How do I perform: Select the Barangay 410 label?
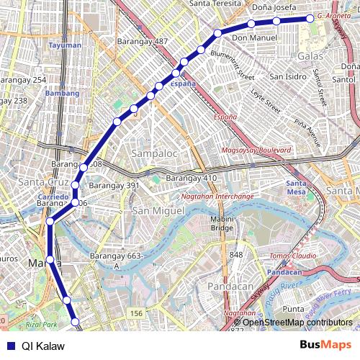191,178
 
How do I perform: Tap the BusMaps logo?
325,345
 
